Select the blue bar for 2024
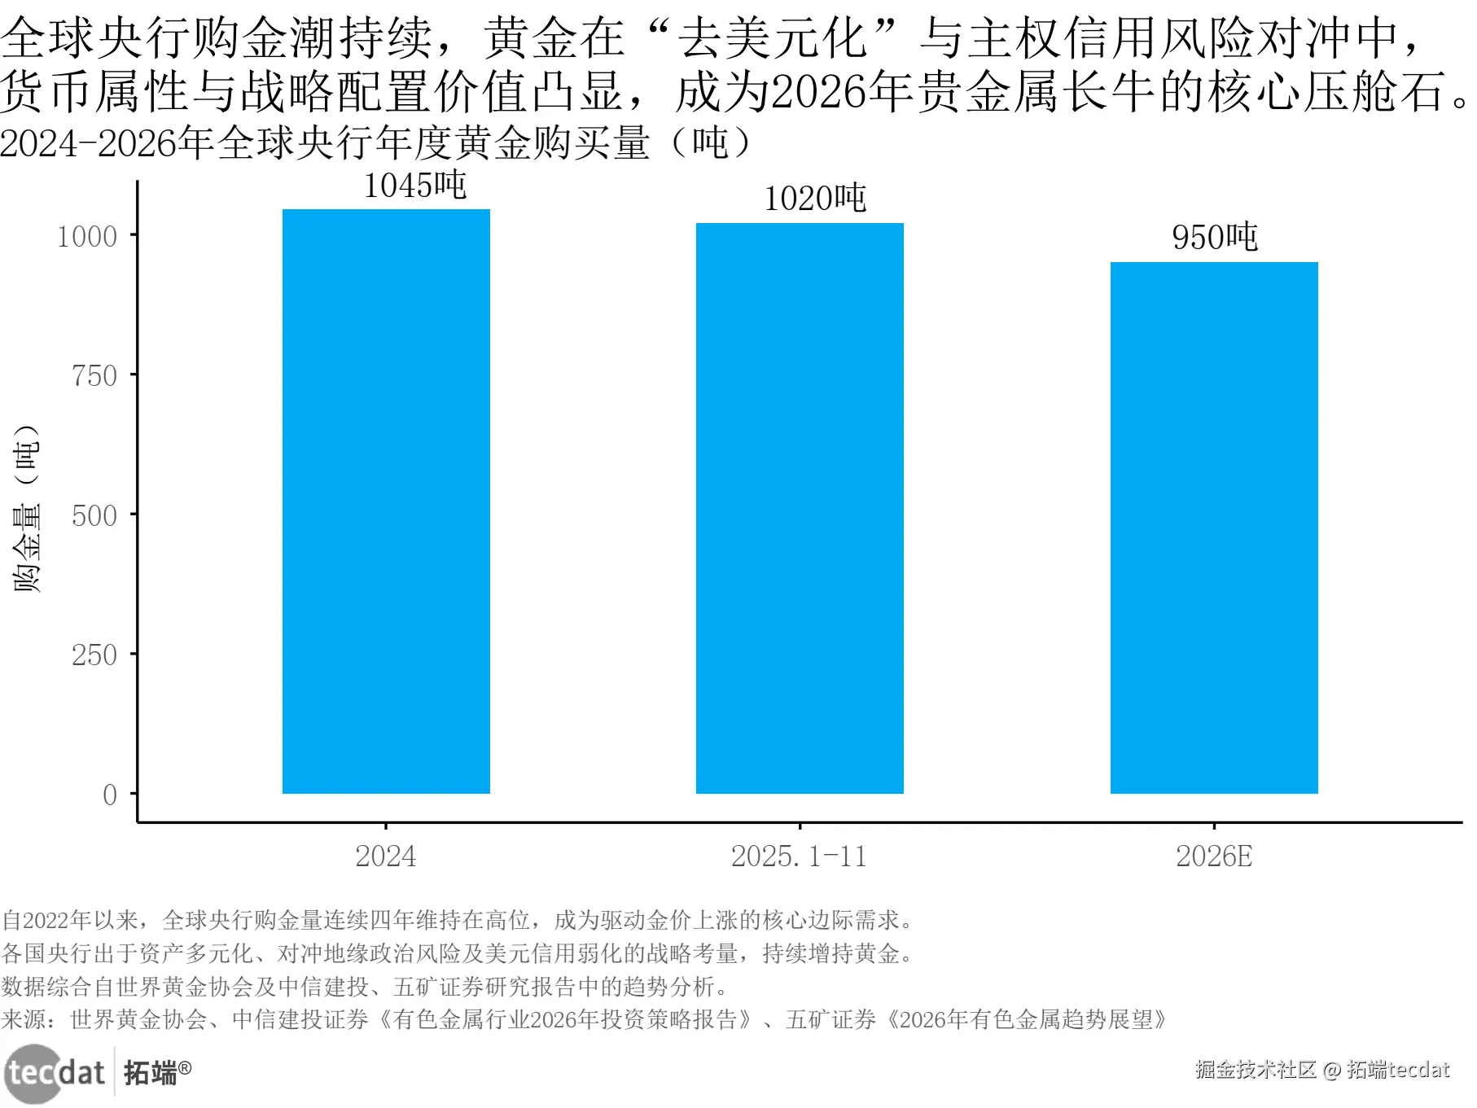(386, 501)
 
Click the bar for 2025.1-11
(800, 508)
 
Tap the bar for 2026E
(1214, 528)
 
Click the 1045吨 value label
(414, 186)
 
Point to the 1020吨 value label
(815, 199)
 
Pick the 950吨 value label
(1215, 238)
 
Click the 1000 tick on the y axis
(87, 237)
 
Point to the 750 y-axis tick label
(94, 376)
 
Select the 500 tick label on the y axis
(94, 516)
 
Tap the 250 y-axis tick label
(94, 655)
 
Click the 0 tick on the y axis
(110, 795)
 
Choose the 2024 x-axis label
(386, 856)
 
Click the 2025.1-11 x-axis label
(799, 856)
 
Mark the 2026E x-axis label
(1214, 856)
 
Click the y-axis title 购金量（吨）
(27, 508)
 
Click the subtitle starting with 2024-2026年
(375, 144)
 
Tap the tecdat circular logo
(33, 1073)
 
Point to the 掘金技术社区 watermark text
(1256, 1070)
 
